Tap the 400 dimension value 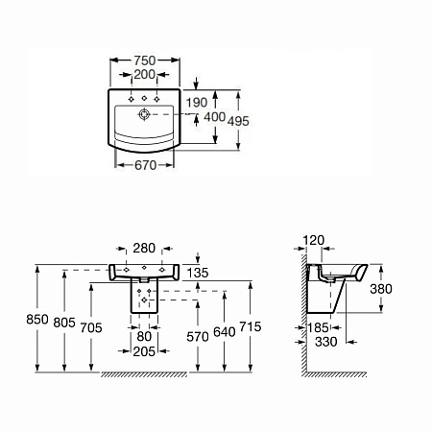coord(214,116)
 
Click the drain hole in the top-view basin coord(143,115)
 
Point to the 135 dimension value coord(197,273)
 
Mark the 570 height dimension coord(197,336)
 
